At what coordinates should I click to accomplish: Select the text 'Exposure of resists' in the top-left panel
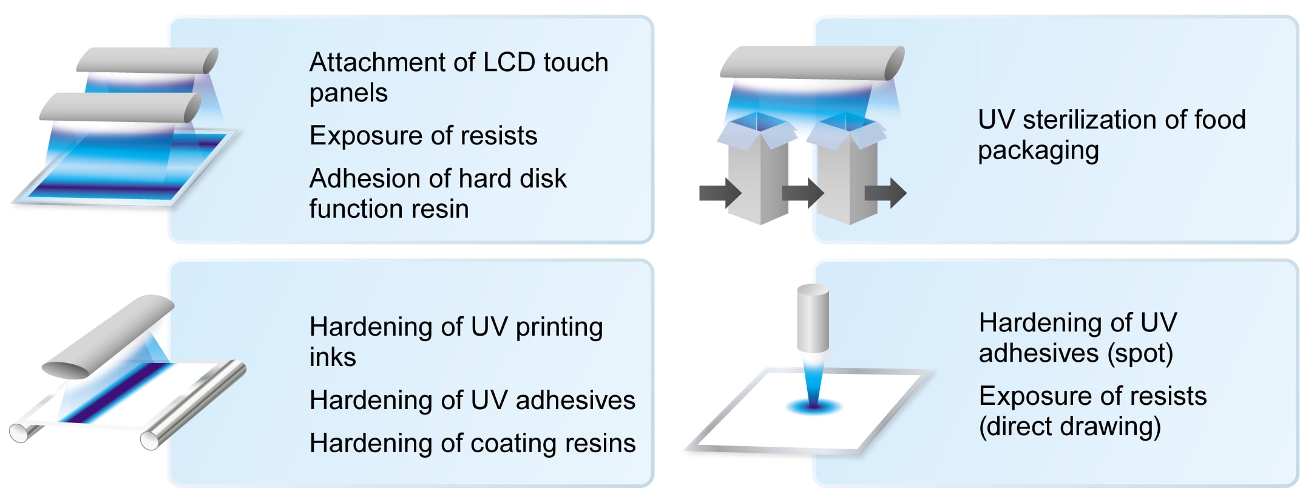click(423, 135)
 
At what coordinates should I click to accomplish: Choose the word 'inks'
click(333, 357)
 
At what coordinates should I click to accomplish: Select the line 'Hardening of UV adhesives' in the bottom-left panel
click(472, 400)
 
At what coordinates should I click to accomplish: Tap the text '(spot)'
click(1140, 354)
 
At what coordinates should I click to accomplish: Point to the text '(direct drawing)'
click(1069, 427)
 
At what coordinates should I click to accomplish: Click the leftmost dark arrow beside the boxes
click(720, 193)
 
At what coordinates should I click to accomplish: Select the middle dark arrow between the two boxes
click(803, 193)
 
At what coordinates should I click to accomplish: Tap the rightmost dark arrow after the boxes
click(885, 193)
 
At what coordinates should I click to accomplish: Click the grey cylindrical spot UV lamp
click(813, 318)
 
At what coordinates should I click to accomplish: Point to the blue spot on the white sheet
click(813, 405)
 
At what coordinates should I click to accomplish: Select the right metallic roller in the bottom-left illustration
click(193, 405)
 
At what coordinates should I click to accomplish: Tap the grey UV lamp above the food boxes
click(812, 63)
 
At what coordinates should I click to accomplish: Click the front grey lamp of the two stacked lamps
click(120, 108)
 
